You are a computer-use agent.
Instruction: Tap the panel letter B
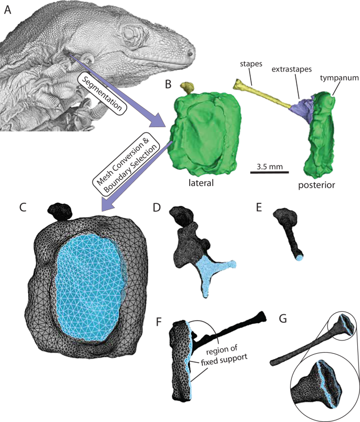tap(167, 85)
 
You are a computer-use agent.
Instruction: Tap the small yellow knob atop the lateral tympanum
tap(187, 88)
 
